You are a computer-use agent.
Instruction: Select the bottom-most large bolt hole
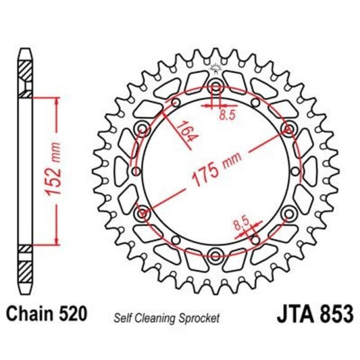[x=215, y=255]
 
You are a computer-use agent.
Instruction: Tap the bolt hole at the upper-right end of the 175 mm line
[x=288, y=128]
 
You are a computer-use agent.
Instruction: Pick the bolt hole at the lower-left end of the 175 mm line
[x=143, y=213]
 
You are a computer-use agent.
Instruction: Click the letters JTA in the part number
[x=294, y=315]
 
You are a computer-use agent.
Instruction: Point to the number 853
[x=334, y=315]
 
